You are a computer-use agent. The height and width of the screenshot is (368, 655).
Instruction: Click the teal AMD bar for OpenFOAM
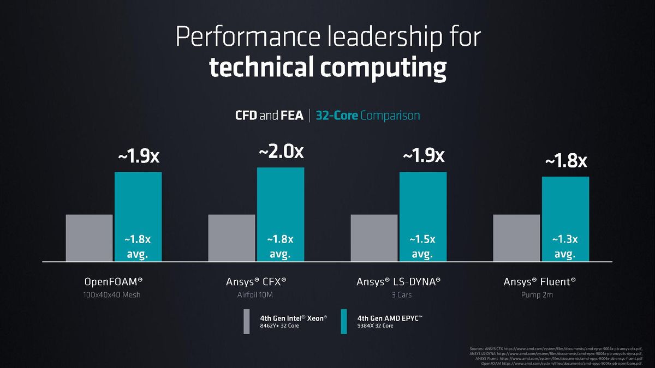pyautogui.click(x=138, y=202)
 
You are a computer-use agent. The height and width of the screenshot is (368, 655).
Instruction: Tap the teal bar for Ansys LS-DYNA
pyautogui.click(x=423, y=202)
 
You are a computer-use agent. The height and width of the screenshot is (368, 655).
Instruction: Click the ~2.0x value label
pyautogui.click(x=281, y=152)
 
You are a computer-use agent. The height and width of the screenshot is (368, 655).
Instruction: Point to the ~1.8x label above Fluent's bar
pyautogui.click(x=566, y=161)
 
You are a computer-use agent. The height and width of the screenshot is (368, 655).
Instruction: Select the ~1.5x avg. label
pyautogui.click(x=422, y=246)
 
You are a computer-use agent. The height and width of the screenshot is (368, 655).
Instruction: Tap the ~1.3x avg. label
pyautogui.click(x=565, y=246)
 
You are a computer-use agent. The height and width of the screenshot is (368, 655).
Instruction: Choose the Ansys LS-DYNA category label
pyautogui.click(x=398, y=282)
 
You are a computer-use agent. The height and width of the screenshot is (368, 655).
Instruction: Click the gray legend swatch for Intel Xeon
pyautogui.click(x=246, y=321)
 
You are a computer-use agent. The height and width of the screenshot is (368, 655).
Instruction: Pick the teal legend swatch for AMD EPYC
pyautogui.click(x=343, y=321)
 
